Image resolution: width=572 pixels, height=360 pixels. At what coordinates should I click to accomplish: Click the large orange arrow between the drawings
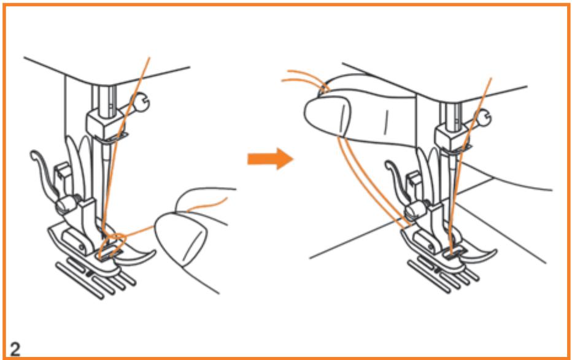coord(270,159)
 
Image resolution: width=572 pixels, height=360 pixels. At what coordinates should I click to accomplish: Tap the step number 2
coord(15,349)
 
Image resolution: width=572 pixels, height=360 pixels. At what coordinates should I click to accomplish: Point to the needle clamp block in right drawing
coord(452,137)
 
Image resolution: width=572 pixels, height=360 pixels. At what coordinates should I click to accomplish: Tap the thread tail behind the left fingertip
coord(206,205)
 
